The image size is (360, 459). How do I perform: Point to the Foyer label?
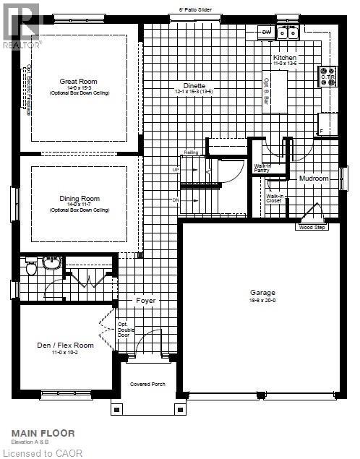(x=146, y=300)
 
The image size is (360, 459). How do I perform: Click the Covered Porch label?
(x=148, y=384)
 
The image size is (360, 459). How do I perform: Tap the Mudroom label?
(x=313, y=178)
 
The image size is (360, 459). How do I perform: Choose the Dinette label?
(x=194, y=86)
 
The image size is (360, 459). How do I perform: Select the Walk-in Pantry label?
(x=262, y=168)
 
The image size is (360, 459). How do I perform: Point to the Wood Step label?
(x=311, y=228)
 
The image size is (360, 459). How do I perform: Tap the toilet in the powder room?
(x=31, y=269)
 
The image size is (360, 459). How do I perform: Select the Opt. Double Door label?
(x=123, y=329)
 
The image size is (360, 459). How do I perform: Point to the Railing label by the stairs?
(x=191, y=153)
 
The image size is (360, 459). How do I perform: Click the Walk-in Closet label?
(x=275, y=198)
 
